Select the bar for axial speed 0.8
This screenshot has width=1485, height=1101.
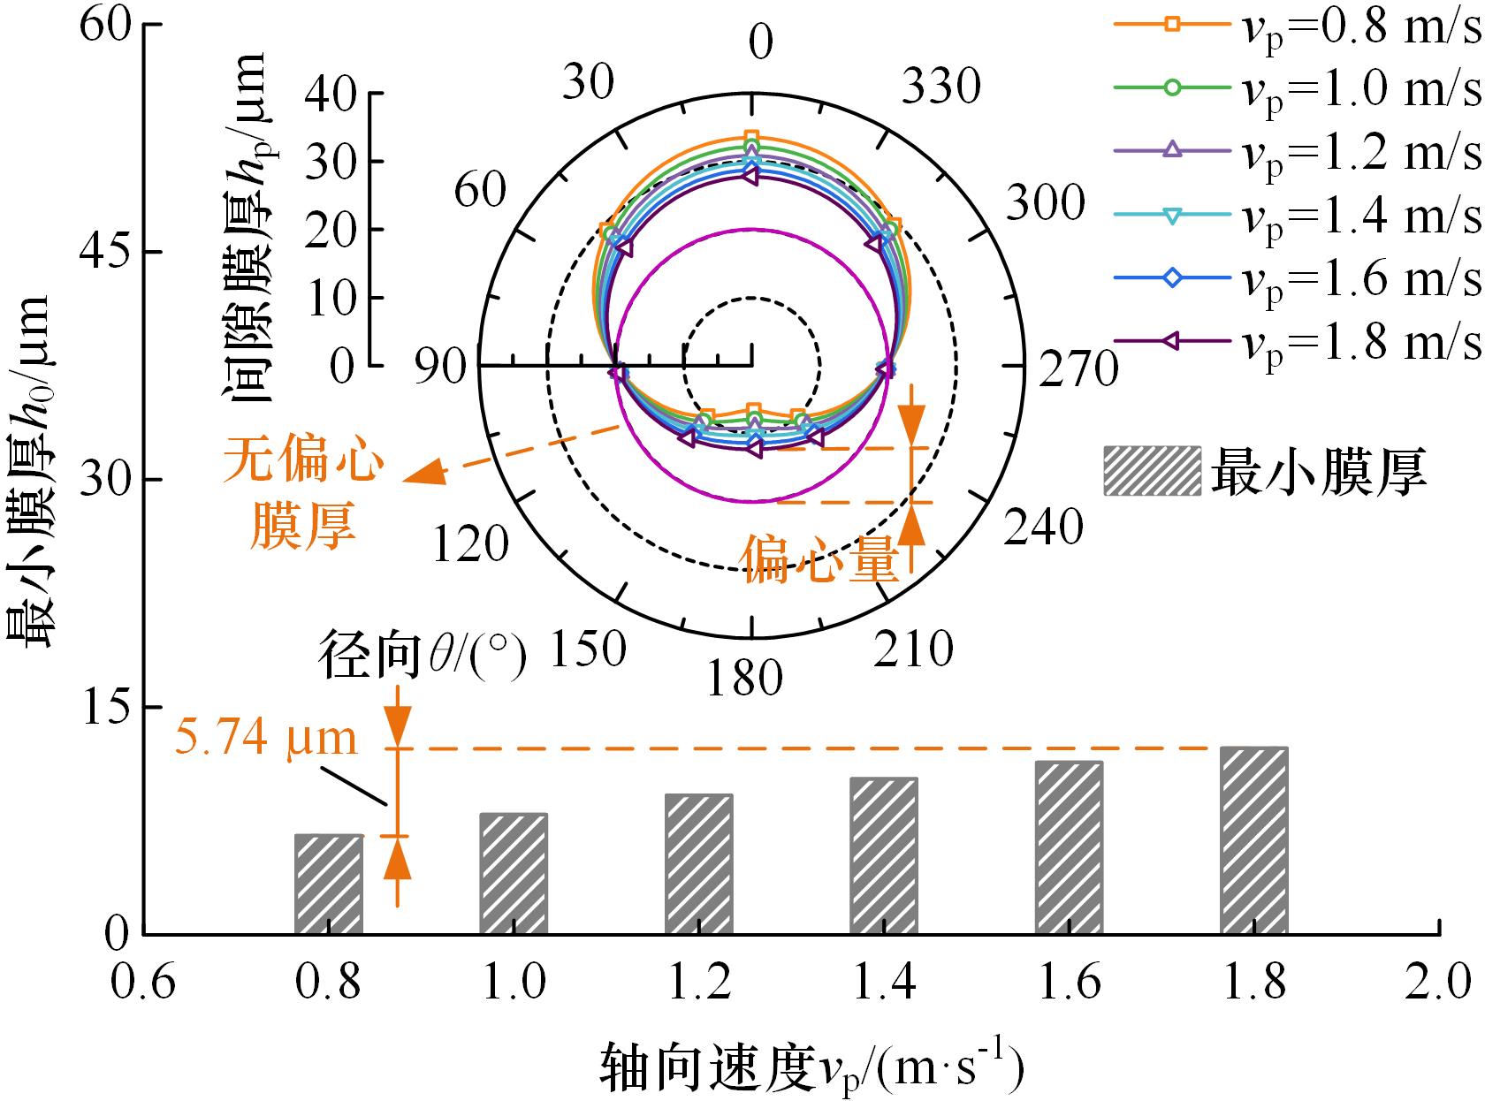(329, 884)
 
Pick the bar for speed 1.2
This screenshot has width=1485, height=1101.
(698, 864)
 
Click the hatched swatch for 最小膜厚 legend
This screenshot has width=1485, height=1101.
(1152, 470)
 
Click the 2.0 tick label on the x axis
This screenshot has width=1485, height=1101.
(1440, 983)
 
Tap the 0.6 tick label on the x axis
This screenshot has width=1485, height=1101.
(143, 983)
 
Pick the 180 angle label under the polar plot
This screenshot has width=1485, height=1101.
(745, 679)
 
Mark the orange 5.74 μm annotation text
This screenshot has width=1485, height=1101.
(266, 737)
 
